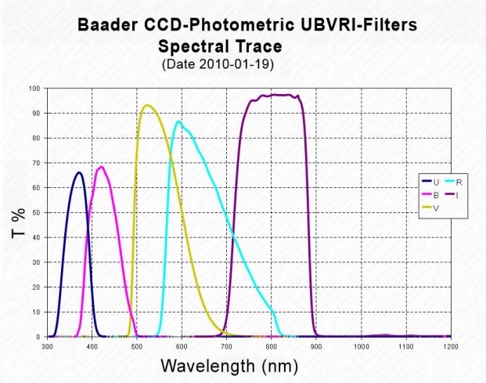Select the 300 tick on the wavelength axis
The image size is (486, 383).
pos(48,345)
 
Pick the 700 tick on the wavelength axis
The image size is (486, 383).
pos(226,345)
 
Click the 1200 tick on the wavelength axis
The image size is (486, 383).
pos(449,345)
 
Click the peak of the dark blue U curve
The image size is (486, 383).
pos(79,172)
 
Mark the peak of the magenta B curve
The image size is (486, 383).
pos(101,166)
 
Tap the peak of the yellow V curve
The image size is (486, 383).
pos(146,105)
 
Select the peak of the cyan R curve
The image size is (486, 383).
pos(179,121)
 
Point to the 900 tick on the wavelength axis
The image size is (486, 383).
pos(315,345)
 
